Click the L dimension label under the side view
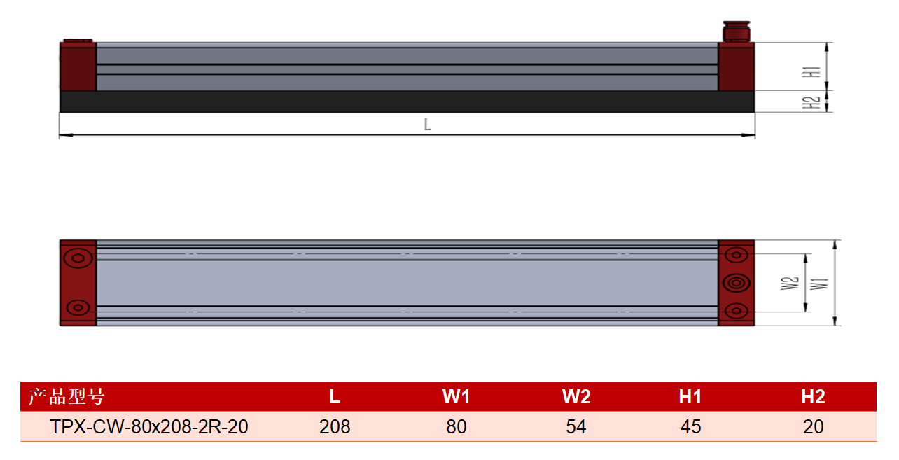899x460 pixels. (x=427, y=125)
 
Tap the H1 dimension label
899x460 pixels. (x=811, y=72)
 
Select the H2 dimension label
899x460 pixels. (x=811, y=103)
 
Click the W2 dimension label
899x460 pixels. (x=790, y=283)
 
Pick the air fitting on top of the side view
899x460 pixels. (x=737, y=32)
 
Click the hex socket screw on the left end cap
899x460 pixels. (x=78, y=258)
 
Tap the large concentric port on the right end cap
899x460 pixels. (x=736, y=283)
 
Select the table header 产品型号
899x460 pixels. (x=67, y=396)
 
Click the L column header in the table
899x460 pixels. (x=335, y=396)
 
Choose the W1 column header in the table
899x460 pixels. (x=456, y=396)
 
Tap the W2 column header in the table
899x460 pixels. (x=576, y=396)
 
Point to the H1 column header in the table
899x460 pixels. (x=690, y=396)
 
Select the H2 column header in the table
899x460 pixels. (x=813, y=396)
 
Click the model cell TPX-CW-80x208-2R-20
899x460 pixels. (x=149, y=426)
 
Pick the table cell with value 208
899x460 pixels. (x=335, y=426)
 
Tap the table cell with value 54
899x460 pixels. (x=576, y=426)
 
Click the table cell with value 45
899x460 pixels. (x=691, y=426)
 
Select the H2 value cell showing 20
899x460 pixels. (x=813, y=426)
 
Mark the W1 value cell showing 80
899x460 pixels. (x=457, y=426)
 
